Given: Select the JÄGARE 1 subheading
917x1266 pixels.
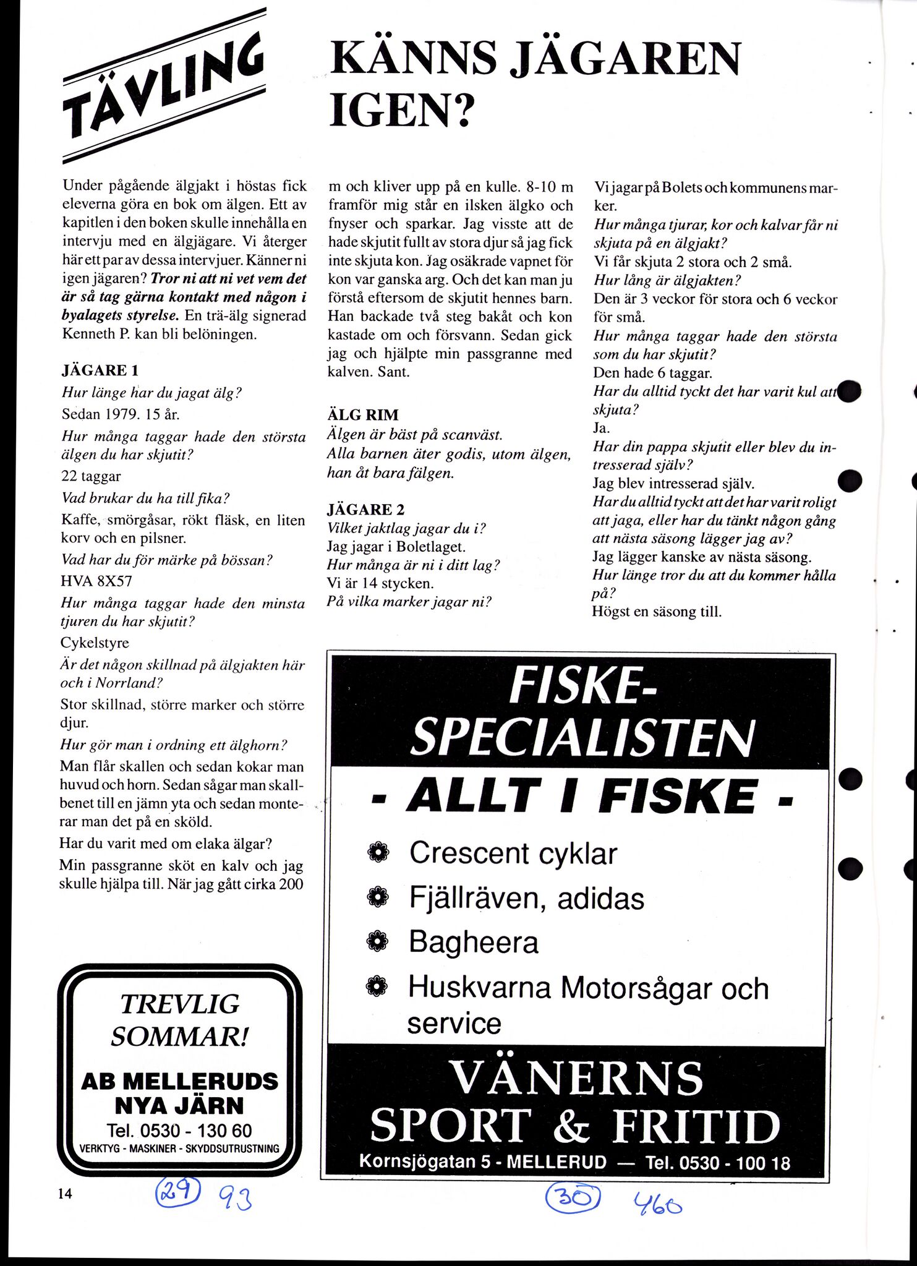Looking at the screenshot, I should [x=100, y=370].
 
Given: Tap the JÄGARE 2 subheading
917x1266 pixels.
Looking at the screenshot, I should [x=365, y=510].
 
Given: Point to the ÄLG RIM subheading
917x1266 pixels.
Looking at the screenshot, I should [x=363, y=414].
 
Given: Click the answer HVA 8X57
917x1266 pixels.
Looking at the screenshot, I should [x=96, y=581].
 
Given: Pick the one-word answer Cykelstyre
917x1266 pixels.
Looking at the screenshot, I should [x=95, y=643].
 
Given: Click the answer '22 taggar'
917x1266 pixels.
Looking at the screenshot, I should [x=92, y=476].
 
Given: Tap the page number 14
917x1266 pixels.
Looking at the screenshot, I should [x=65, y=1194].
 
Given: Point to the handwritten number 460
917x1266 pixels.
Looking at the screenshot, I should [x=657, y=1203].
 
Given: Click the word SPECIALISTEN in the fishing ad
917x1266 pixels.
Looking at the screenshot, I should [x=582, y=737].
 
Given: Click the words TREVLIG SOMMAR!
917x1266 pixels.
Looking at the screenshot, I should [x=179, y=1020].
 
